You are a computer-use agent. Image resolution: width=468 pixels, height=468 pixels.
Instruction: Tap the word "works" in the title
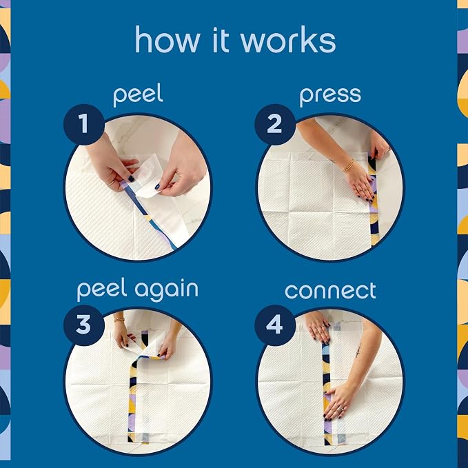[x=288, y=40]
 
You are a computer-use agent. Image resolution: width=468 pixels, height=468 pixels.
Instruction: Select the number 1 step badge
[x=84, y=124]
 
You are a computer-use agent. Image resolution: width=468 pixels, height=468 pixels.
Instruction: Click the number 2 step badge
[x=275, y=124]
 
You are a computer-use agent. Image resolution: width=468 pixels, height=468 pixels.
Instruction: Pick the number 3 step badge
[x=84, y=325]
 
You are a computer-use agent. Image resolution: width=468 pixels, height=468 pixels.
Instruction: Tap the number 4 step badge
[x=275, y=325]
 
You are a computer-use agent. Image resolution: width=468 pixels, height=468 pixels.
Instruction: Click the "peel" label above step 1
[x=138, y=94]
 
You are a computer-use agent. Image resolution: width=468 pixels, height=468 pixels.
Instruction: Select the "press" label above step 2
[x=330, y=96]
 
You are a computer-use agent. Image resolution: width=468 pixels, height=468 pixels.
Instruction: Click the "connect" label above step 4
[x=330, y=290]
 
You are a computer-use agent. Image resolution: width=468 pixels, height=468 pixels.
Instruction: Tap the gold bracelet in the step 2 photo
[x=348, y=166]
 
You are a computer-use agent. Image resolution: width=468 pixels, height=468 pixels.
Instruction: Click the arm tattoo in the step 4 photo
[x=358, y=352]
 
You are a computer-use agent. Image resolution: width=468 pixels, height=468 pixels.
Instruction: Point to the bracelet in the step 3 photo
[x=119, y=320]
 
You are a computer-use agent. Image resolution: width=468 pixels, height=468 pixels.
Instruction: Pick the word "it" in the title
[x=221, y=40]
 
